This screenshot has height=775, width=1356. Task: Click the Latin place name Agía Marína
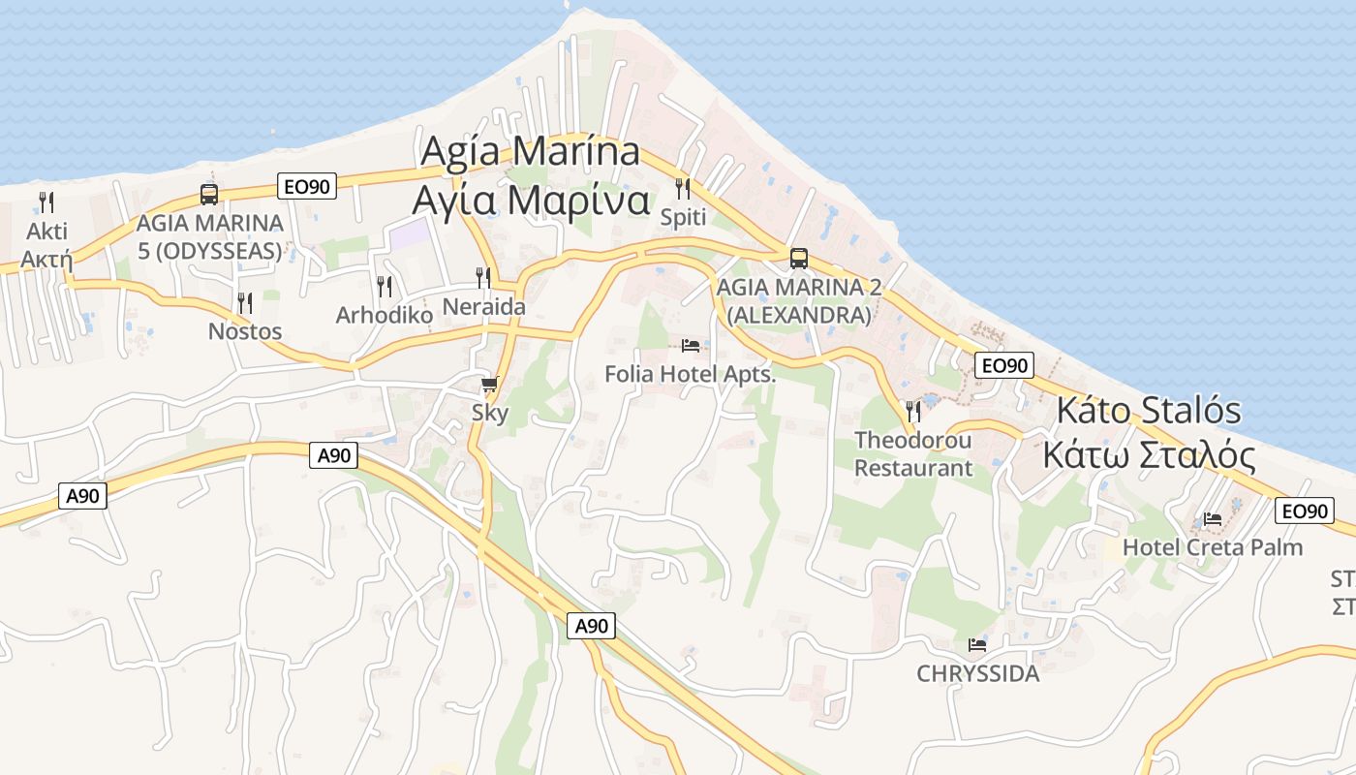click(x=530, y=152)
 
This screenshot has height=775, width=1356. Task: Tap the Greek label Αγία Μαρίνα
click(x=530, y=200)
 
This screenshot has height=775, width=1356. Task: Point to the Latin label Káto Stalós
click(x=1149, y=410)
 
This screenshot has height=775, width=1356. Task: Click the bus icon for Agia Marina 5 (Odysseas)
click(x=209, y=194)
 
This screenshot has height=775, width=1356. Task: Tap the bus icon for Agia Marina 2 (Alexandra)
click(x=798, y=259)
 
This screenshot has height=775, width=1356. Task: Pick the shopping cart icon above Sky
click(x=489, y=385)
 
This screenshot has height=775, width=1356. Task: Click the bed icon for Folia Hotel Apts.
click(x=691, y=345)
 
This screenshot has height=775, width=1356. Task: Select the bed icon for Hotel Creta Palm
click(x=1212, y=519)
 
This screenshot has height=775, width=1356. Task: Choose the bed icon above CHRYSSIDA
click(x=977, y=644)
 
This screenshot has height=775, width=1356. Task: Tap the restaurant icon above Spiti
click(x=683, y=188)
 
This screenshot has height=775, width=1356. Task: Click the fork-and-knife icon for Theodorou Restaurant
click(x=912, y=412)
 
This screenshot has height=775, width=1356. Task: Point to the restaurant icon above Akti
click(x=46, y=201)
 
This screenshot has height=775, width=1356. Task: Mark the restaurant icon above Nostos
click(x=245, y=303)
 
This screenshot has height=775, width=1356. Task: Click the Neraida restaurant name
click(x=483, y=307)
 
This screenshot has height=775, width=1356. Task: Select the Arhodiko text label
click(x=384, y=315)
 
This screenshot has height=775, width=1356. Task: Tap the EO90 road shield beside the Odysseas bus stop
click(x=307, y=187)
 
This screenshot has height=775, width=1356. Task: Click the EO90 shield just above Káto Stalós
click(x=1004, y=365)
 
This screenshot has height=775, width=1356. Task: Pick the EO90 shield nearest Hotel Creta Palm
click(x=1303, y=511)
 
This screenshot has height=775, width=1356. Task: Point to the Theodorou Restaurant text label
click(x=912, y=454)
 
